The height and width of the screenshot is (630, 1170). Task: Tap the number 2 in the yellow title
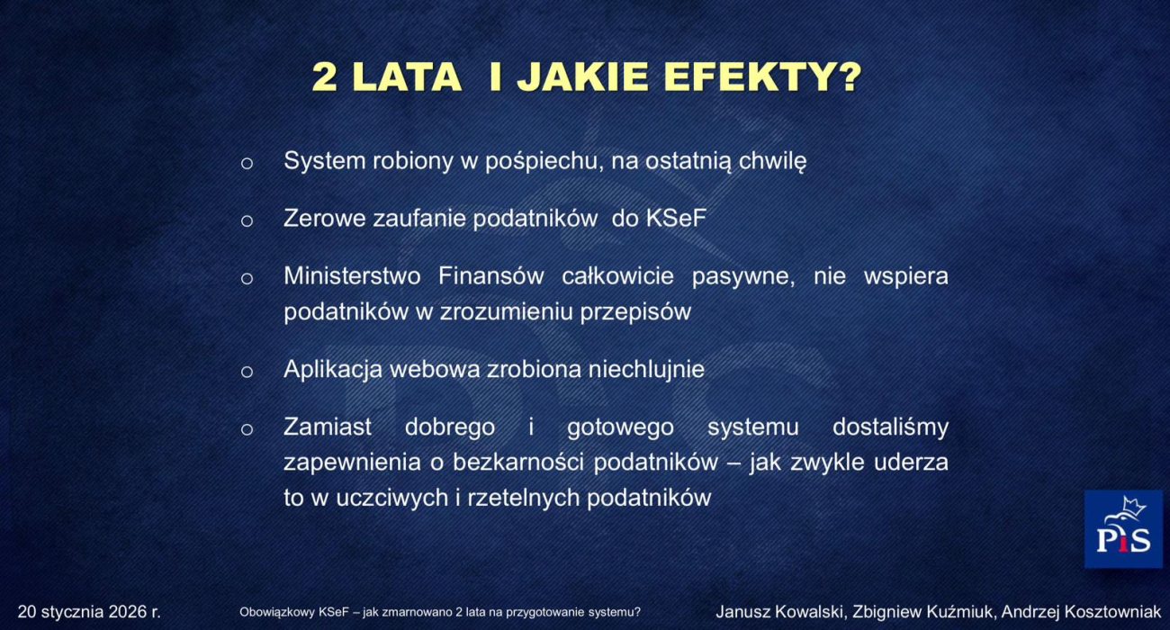(x=325, y=77)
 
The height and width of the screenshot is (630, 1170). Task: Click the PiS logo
(x=1122, y=529)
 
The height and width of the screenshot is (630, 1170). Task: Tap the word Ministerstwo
(x=352, y=276)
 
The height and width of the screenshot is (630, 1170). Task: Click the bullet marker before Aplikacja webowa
(x=247, y=371)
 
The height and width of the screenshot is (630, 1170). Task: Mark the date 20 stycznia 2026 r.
(x=89, y=612)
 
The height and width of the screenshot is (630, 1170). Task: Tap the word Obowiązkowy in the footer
(x=276, y=613)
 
